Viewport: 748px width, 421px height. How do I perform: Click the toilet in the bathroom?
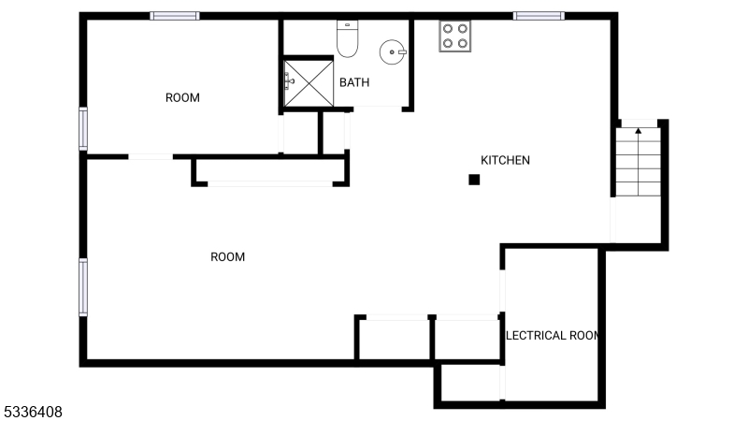(x=348, y=38)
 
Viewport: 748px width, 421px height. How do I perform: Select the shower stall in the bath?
(x=308, y=83)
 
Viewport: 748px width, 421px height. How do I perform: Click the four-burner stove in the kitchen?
(x=455, y=36)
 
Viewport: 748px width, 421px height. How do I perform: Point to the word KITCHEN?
(x=505, y=160)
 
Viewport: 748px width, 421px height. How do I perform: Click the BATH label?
(x=354, y=82)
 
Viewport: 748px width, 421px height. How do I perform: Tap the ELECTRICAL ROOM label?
(x=552, y=335)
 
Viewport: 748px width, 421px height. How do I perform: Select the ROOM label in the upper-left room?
(x=182, y=97)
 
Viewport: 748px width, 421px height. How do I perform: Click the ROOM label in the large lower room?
(x=227, y=256)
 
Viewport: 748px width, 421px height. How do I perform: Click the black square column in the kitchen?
(x=475, y=180)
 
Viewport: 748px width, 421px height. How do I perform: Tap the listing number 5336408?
(x=33, y=411)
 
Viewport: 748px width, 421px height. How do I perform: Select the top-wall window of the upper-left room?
(x=175, y=16)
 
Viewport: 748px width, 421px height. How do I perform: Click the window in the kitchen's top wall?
(x=539, y=16)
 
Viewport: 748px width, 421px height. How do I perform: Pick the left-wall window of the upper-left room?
(x=83, y=128)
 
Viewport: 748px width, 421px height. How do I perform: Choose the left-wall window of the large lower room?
(x=83, y=286)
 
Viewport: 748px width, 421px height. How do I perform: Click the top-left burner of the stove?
(x=448, y=28)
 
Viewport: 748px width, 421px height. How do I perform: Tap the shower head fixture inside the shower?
(x=291, y=81)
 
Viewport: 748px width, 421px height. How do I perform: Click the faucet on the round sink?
(x=402, y=52)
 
